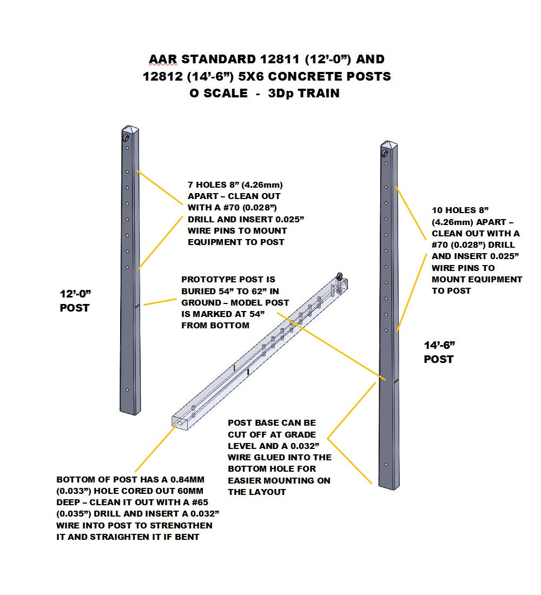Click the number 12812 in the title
coord(163,76)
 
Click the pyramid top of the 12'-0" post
coord(127,130)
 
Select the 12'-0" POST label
coord(74,301)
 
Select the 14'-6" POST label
coord(439,352)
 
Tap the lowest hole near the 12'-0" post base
coord(127,389)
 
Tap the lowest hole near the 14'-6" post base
coord(385,464)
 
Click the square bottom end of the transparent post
coord(182,421)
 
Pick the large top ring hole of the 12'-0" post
coord(126,138)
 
